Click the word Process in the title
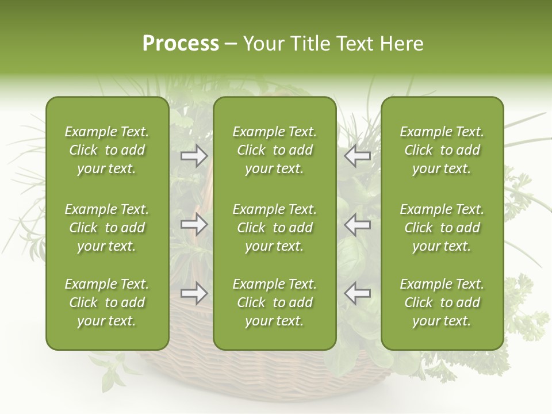tap(181, 44)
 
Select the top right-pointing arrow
tap(194, 156)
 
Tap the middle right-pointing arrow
tap(194, 225)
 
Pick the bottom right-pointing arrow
tap(194, 294)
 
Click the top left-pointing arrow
tap(357, 156)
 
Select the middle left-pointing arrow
tap(357, 225)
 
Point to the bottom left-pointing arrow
tap(357, 294)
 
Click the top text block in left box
tap(107, 150)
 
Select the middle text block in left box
tap(107, 228)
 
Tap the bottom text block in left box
tap(107, 302)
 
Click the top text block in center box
tap(274, 150)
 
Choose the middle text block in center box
tap(274, 228)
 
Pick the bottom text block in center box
tap(274, 302)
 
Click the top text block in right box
tap(442, 150)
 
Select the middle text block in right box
tap(442, 228)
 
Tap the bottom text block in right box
tap(442, 302)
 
